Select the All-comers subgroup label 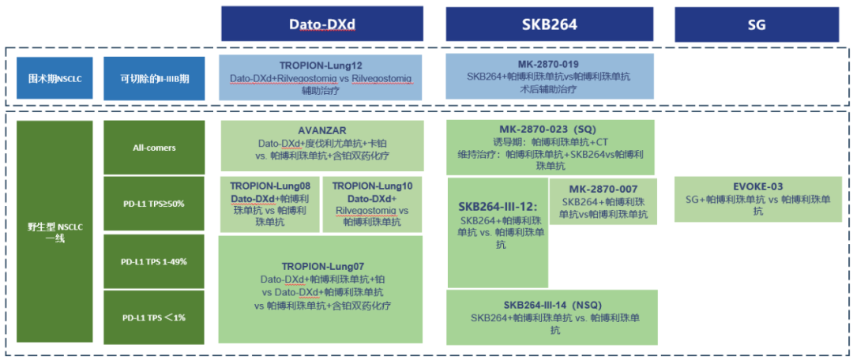point(154,146)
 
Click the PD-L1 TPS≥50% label point(154,204)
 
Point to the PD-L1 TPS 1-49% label point(154,261)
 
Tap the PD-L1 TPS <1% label point(154,317)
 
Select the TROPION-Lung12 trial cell point(321,77)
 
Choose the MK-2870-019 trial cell point(549,77)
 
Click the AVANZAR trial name point(321,131)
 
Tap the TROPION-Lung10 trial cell point(372,204)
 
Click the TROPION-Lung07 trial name point(321,266)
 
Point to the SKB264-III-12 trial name point(498,206)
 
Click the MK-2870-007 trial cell point(603,201)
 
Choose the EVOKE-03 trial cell point(757,199)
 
